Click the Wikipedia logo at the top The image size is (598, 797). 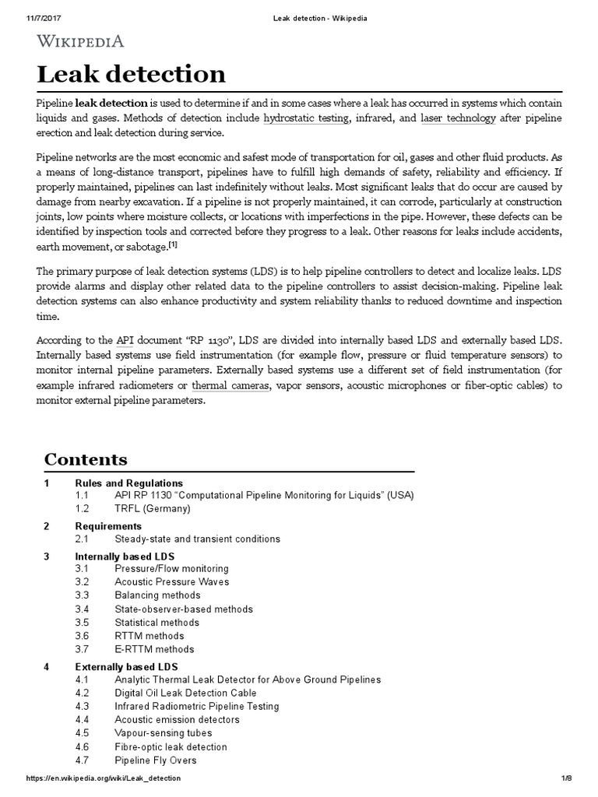(80, 42)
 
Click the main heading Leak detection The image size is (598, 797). (132, 75)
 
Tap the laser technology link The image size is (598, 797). (458, 118)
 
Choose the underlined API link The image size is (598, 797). (125, 340)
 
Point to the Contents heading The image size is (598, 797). (86, 459)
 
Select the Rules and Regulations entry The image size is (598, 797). (129, 483)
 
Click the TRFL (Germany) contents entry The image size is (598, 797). (153, 509)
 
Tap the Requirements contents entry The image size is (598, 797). (108, 526)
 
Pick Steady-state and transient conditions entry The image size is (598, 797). (197, 539)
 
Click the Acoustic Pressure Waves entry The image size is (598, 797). (172, 582)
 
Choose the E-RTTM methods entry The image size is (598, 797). (154, 649)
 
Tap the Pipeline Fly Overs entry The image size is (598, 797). (156, 760)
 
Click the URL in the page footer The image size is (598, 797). (104, 778)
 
